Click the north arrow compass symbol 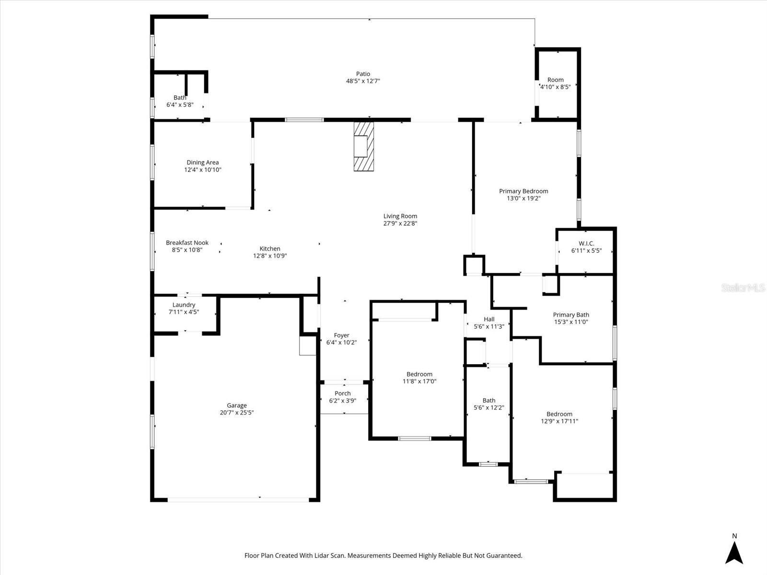(734, 552)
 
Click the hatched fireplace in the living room (363, 146)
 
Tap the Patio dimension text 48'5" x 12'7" (363, 81)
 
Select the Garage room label (236, 405)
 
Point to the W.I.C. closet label (586, 243)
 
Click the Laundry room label (184, 305)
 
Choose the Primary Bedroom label (523, 191)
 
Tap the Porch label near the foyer (343, 393)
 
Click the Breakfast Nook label (187, 242)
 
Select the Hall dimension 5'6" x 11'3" (489, 327)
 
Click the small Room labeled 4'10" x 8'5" (556, 83)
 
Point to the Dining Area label (202, 162)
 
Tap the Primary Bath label (571, 315)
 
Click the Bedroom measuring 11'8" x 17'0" (419, 378)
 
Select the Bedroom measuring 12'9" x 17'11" (559, 417)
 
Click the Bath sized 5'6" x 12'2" (489, 404)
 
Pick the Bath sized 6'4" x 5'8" (180, 101)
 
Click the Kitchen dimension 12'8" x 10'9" (270, 256)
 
